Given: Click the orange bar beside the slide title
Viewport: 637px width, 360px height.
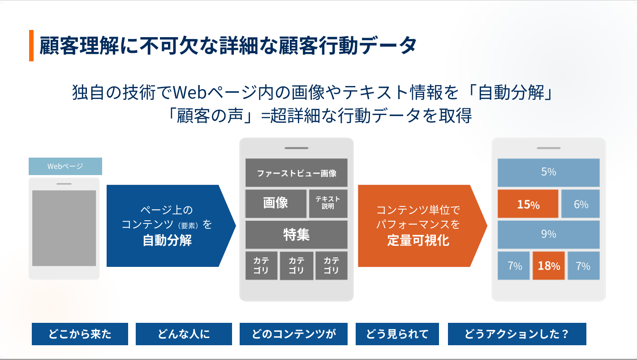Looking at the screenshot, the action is click(31, 46).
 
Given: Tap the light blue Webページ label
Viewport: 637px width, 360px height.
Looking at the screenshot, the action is click(65, 166).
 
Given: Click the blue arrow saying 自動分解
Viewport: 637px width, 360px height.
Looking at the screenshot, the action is click(171, 226).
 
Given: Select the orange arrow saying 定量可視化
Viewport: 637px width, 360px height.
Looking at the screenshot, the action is click(422, 226).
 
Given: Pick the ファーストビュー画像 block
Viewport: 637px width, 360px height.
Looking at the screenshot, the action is click(296, 172).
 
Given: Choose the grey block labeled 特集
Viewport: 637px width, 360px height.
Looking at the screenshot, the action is click(296, 235).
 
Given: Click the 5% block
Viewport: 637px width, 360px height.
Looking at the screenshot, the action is click(549, 172).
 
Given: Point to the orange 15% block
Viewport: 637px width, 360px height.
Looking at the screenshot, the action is click(528, 204).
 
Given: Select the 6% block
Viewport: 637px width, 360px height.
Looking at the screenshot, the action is click(581, 204).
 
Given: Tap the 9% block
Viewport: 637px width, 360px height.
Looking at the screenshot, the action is click(549, 235).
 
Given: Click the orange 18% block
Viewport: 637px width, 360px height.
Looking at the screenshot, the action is click(549, 266).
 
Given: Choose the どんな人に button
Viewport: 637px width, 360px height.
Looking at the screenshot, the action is click(184, 334).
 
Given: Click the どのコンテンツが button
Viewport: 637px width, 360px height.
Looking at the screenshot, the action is click(293, 334).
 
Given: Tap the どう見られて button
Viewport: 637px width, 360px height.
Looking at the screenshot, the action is click(397, 334).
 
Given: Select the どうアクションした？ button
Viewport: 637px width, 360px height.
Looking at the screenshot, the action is click(517, 334).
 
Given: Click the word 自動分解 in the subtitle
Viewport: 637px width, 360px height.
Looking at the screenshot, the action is click(511, 92).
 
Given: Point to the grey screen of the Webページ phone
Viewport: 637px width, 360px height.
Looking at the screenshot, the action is click(64, 228).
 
